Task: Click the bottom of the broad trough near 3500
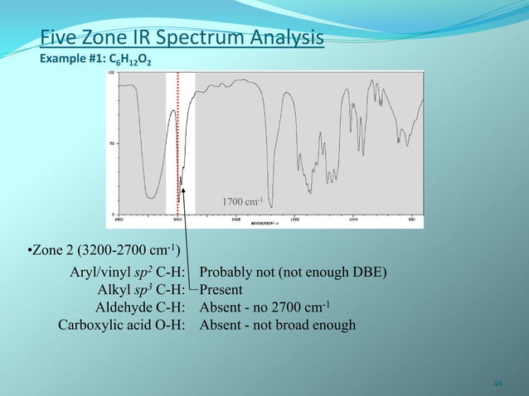(x=151, y=197)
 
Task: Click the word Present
(x=221, y=290)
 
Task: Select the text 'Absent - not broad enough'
(x=278, y=324)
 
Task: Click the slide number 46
(x=497, y=383)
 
